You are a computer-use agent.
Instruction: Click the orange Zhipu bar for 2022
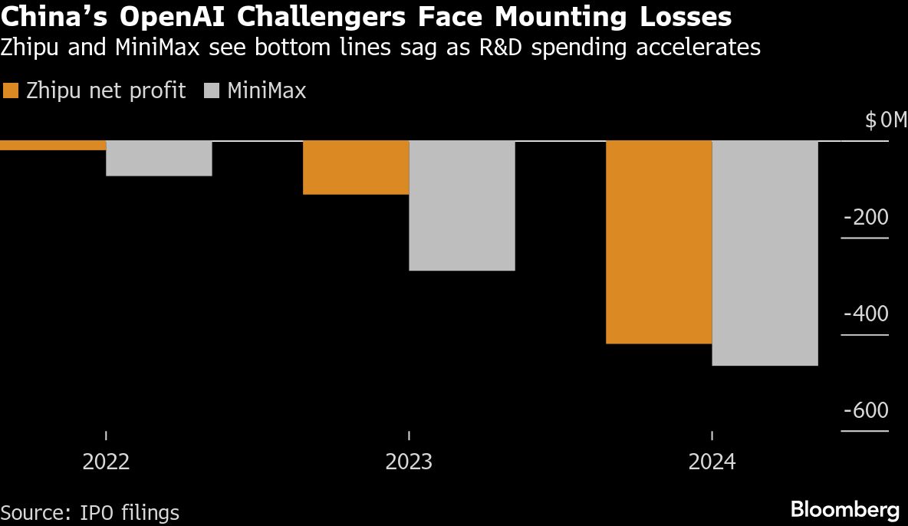pos(53,146)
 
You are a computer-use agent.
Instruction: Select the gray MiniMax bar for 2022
pos(159,159)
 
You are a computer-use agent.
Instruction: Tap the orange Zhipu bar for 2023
pos(356,168)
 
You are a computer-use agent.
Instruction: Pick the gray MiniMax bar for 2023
pos(462,205)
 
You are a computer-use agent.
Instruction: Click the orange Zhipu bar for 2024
pos(659,242)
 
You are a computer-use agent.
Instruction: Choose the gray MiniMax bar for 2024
pos(765,253)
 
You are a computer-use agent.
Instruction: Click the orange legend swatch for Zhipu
pos(10,90)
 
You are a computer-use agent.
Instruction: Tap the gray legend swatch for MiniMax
pos(212,90)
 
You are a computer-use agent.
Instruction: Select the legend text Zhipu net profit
pos(106,90)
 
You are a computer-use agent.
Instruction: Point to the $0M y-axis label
pos(885,120)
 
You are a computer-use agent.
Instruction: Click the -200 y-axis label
pos(866,218)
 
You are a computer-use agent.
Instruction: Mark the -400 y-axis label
pos(866,314)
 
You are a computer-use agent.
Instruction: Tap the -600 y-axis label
pos(866,411)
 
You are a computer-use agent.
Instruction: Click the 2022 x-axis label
pos(106,462)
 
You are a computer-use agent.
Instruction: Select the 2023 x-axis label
pos(409,462)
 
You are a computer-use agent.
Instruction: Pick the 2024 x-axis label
pos(712,462)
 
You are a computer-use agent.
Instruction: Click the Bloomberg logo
pos(844,510)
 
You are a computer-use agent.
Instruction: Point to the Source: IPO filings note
pos(90,512)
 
